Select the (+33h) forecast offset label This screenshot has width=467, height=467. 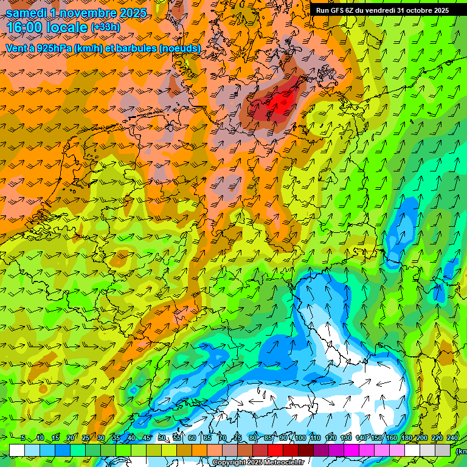tap(105, 27)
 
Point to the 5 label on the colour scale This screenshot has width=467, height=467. tap(23, 438)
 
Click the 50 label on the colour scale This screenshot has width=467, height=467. tap(161, 438)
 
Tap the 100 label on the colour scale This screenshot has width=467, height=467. tap(300, 438)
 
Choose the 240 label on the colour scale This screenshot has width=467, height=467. tap(452, 438)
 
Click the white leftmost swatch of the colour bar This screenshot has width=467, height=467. tap(17, 450)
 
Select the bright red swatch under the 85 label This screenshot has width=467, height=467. tap(275, 450)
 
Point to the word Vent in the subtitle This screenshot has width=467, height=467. tap(17, 47)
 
